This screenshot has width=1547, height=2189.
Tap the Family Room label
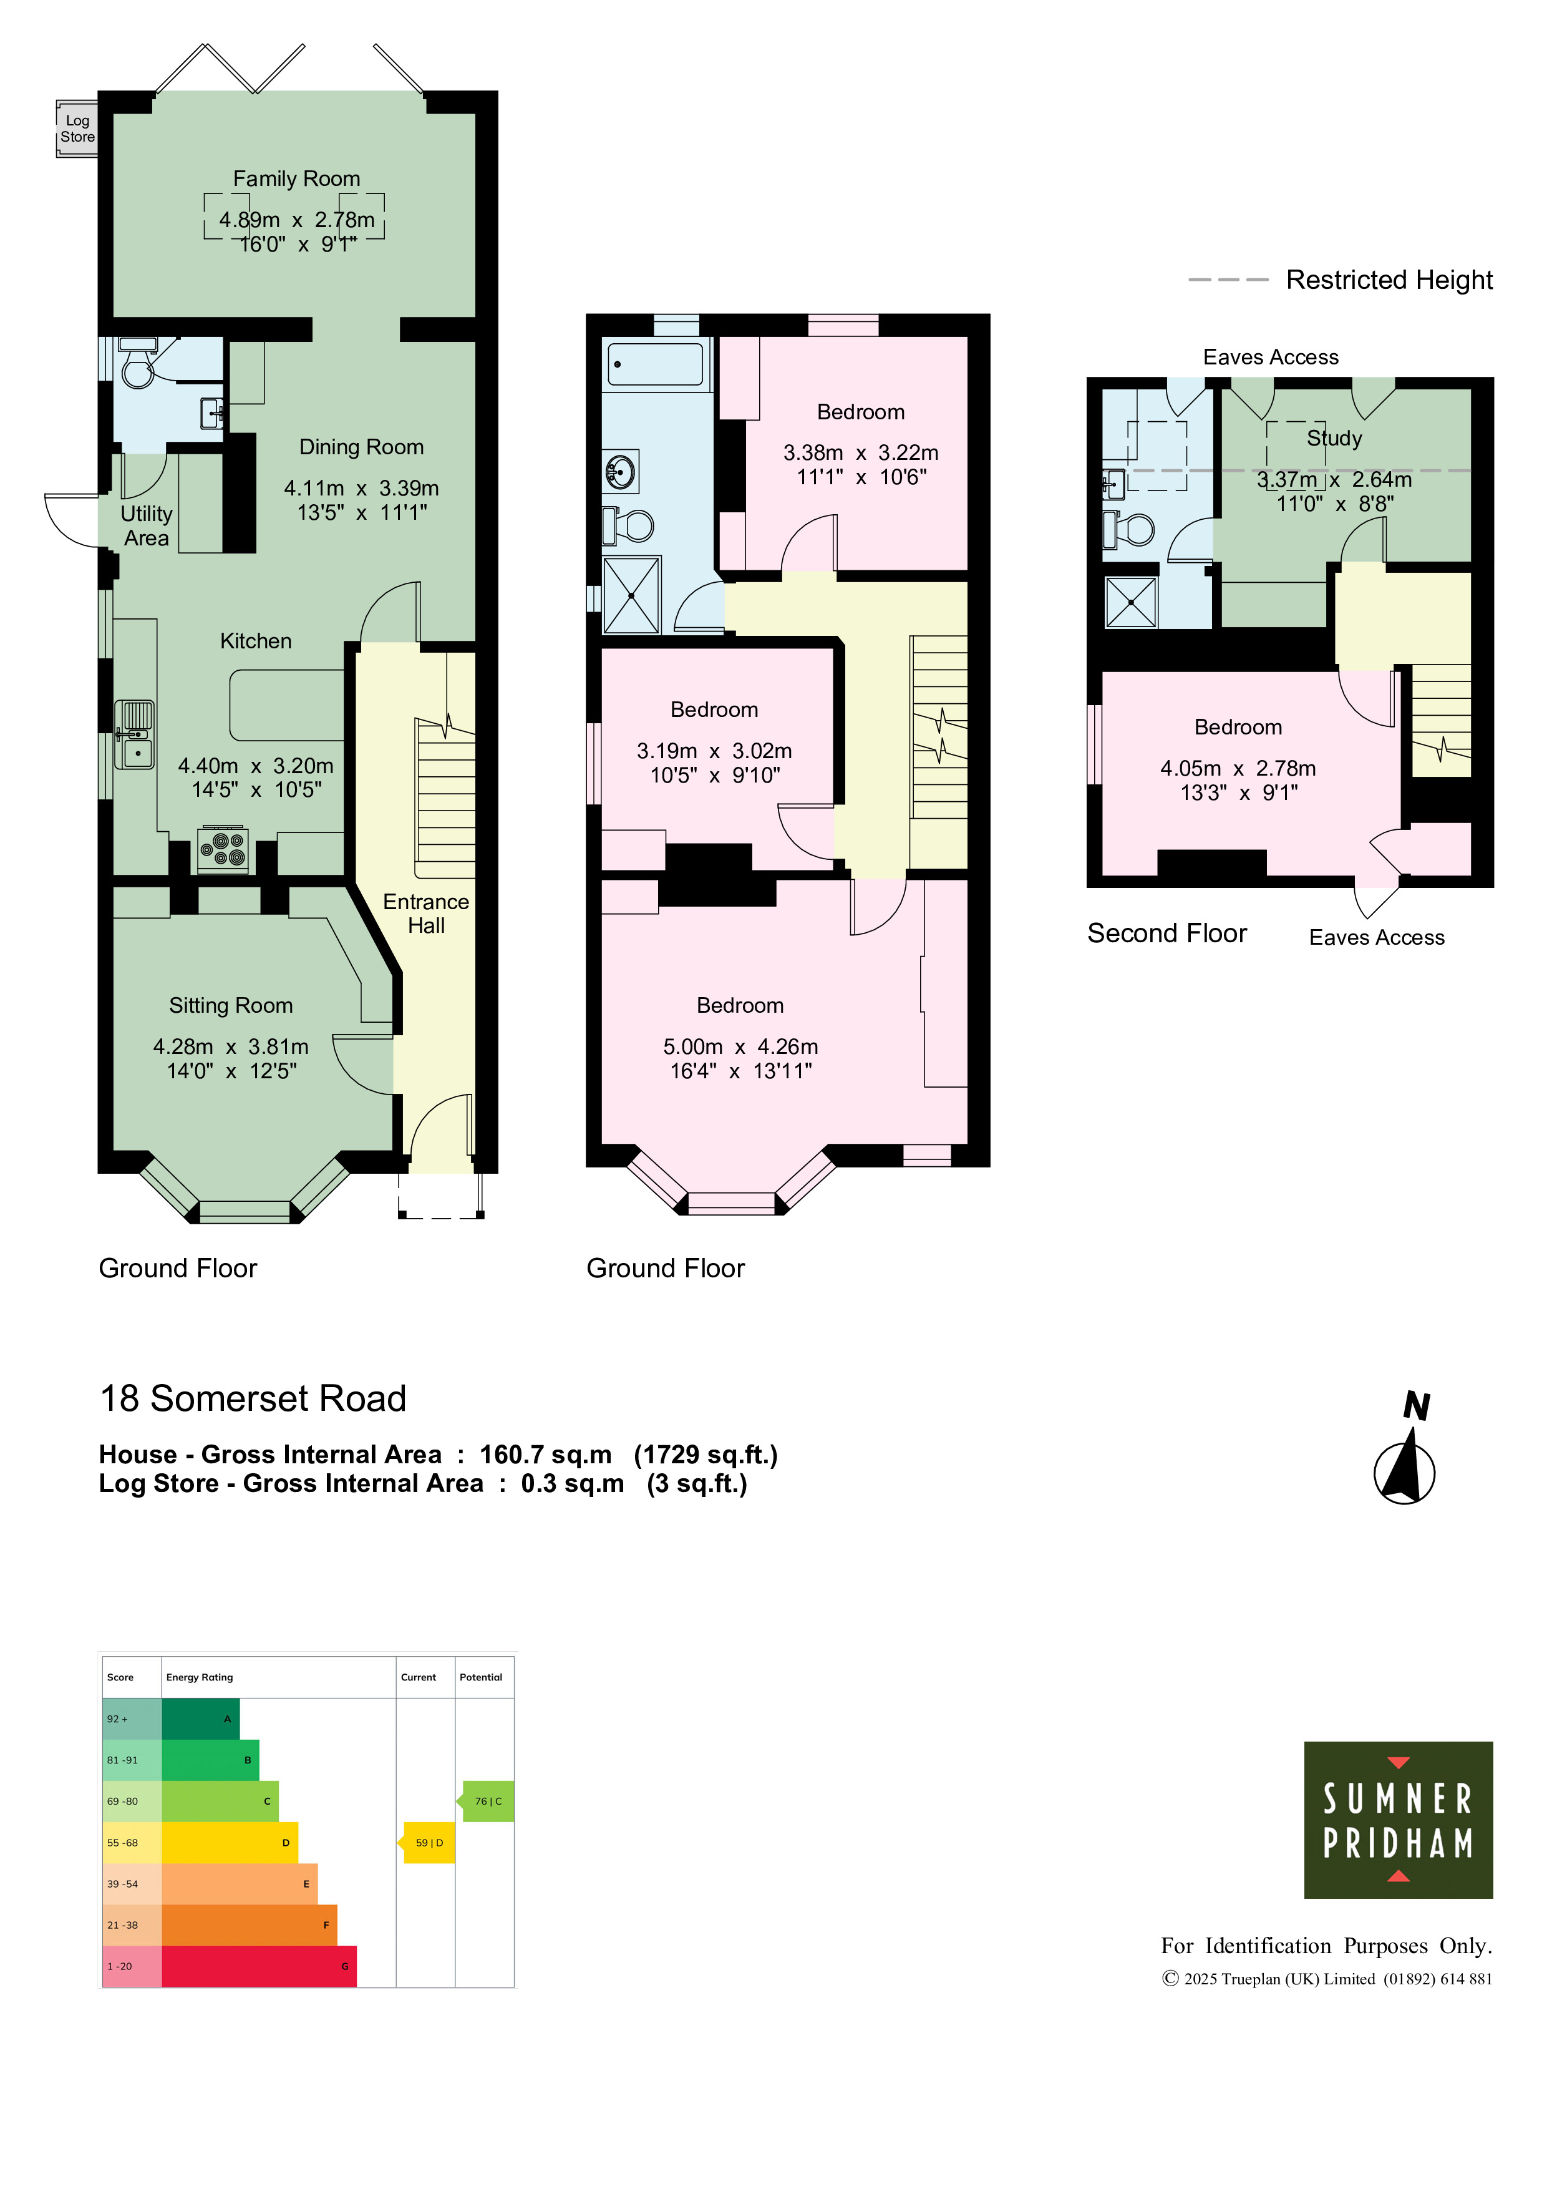point(296,178)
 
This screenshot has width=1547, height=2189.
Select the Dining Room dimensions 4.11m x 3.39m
point(361,488)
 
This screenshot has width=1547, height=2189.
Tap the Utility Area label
point(146,525)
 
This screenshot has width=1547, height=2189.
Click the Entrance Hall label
point(426,914)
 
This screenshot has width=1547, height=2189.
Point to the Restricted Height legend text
point(1389,280)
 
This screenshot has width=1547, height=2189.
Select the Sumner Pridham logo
point(1399,1820)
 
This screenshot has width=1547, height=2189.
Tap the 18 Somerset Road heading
point(253,1398)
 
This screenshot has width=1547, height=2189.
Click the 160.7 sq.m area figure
point(545,1455)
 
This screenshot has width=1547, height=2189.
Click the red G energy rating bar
point(259,1967)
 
